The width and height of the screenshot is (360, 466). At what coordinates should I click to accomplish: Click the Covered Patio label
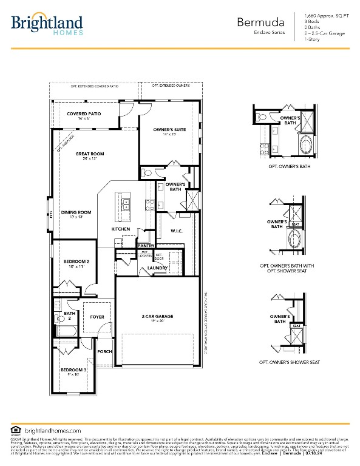[x=84, y=114]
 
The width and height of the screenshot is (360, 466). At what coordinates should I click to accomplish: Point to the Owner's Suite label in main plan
[x=169, y=130]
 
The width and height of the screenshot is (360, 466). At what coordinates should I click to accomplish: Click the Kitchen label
[x=120, y=229]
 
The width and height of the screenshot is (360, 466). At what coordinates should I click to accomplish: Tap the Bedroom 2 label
[x=76, y=261]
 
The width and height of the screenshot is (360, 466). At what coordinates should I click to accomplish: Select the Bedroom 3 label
[x=73, y=370]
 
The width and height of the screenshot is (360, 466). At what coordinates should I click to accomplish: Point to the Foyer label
[x=97, y=317]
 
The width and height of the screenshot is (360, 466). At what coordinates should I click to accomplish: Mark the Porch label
[x=104, y=351]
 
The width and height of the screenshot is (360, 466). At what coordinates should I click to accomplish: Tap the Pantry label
[x=146, y=246]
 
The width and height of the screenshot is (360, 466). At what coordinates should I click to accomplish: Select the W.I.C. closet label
[x=177, y=231]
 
